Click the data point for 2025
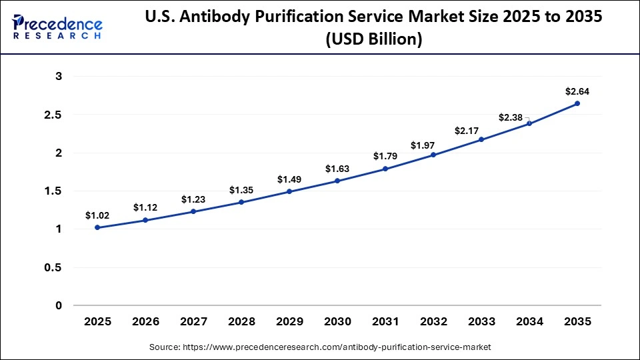tap(97, 227)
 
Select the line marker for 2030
tap(337, 181)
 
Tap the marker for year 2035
tap(577, 103)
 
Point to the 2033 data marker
tap(481, 139)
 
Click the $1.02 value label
tap(97, 215)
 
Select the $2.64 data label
tap(577, 91)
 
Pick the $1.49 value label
tap(289, 179)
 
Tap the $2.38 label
tap(511, 117)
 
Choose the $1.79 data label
tap(385, 157)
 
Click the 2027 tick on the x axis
tap(193, 321)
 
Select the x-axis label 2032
tap(433, 321)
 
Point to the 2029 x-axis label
tap(289, 321)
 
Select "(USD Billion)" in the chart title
tap(373, 39)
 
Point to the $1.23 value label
tap(193, 199)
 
